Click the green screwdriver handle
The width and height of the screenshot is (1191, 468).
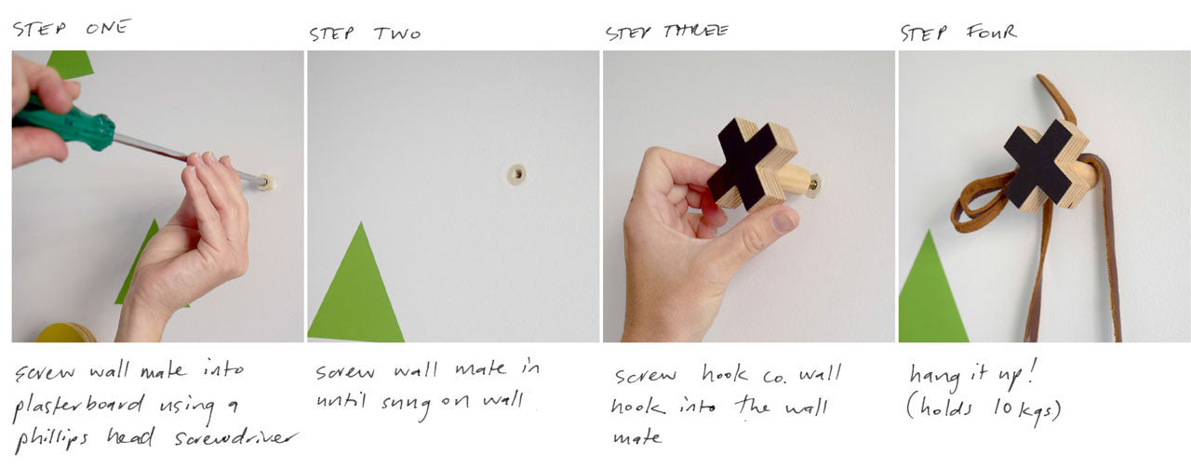coord(64,126)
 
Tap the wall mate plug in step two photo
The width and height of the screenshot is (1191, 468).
coord(516,174)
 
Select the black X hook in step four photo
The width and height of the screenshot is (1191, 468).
coord(1045,166)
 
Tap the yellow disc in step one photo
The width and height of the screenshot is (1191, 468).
coord(66,332)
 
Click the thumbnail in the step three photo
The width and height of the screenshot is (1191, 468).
coord(783,220)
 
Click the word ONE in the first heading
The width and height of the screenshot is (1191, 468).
coord(108,28)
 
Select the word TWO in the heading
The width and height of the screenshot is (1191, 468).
coord(396,33)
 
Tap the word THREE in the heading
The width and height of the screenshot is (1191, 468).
coord(695,32)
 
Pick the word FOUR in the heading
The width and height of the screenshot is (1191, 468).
coord(992,33)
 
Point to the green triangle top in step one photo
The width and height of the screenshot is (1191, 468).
coord(70,64)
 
